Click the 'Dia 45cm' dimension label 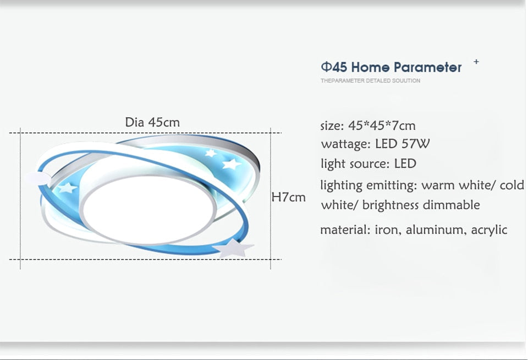[x=152, y=122]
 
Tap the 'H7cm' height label [x=289, y=197]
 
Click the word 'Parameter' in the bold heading [x=428, y=68]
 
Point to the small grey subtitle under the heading [x=370, y=81]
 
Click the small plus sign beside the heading [x=476, y=62]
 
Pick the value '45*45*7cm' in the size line [x=382, y=126]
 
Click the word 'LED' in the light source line [x=405, y=163]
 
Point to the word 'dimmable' [x=451, y=205]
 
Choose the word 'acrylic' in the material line [x=488, y=230]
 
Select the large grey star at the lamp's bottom [x=234, y=248]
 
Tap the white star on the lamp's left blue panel [x=67, y=188]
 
